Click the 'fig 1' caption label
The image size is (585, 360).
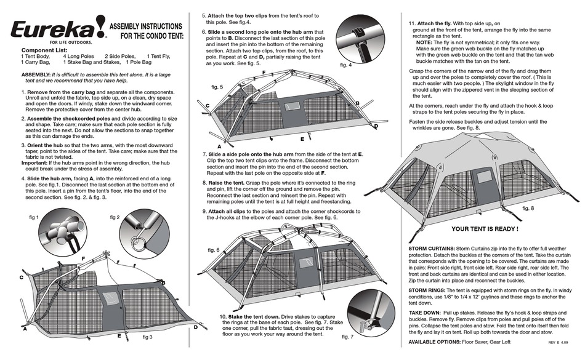click(34, 218)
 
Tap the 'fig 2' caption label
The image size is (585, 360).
click(115, 218)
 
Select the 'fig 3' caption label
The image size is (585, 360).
click(148, 338)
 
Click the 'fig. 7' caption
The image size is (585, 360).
click(347, 337)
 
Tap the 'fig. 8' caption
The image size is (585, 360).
click(528, 209)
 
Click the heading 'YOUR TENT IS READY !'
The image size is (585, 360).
click(485, 228)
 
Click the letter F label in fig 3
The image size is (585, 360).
click(83, 257)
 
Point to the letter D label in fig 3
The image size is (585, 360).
click(195, 327)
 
